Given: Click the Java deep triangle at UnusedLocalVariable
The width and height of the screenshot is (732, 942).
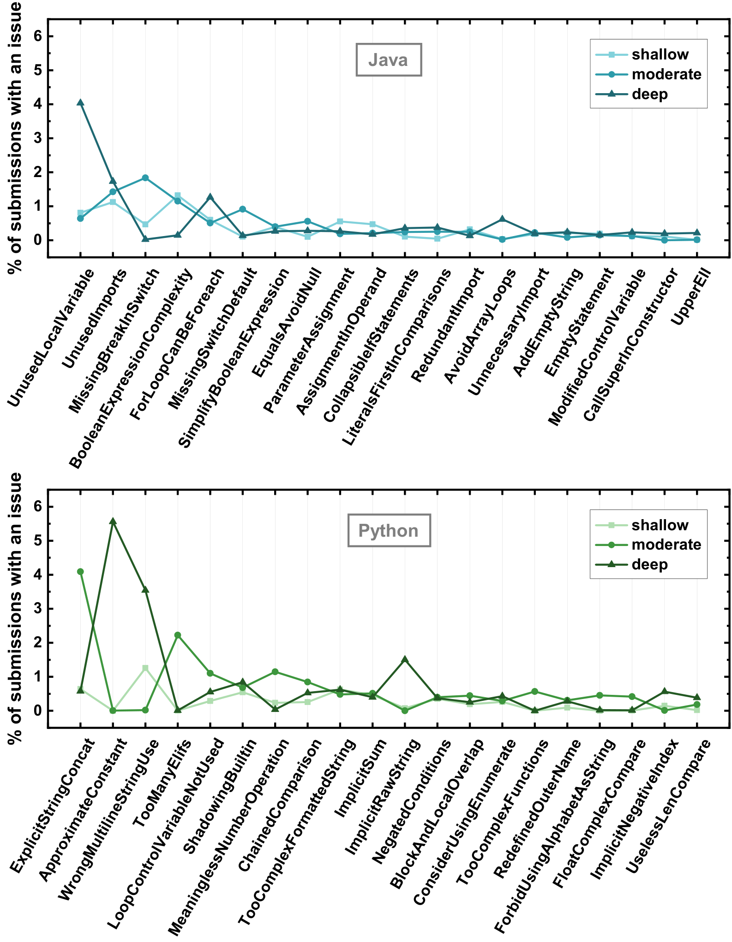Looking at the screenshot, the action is (80, 102).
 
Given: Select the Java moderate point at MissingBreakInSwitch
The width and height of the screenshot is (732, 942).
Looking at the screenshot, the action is (145, 178).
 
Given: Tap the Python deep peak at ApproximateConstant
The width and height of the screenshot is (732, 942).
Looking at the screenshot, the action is (113, 521).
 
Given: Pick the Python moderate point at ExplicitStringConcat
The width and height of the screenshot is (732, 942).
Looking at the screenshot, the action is (80, 572).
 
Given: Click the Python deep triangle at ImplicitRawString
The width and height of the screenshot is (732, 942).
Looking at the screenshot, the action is (405, 659).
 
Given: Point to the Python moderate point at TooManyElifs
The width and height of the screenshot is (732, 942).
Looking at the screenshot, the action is (178, 635).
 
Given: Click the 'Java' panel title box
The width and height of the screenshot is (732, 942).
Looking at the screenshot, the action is (389, 59).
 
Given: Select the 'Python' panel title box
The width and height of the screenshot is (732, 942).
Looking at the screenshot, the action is (389, 530).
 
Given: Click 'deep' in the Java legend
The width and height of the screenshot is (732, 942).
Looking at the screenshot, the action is (650, 94).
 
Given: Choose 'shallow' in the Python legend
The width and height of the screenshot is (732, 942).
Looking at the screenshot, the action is (660, 525).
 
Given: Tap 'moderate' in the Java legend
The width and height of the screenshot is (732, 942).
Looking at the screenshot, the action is (666, 74).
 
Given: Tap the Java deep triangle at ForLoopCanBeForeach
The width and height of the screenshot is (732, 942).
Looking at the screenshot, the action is (210, 197).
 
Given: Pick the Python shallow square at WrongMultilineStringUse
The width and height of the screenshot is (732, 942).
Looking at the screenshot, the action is (145, 668).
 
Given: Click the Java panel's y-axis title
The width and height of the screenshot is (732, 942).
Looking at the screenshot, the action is (15, 138).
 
